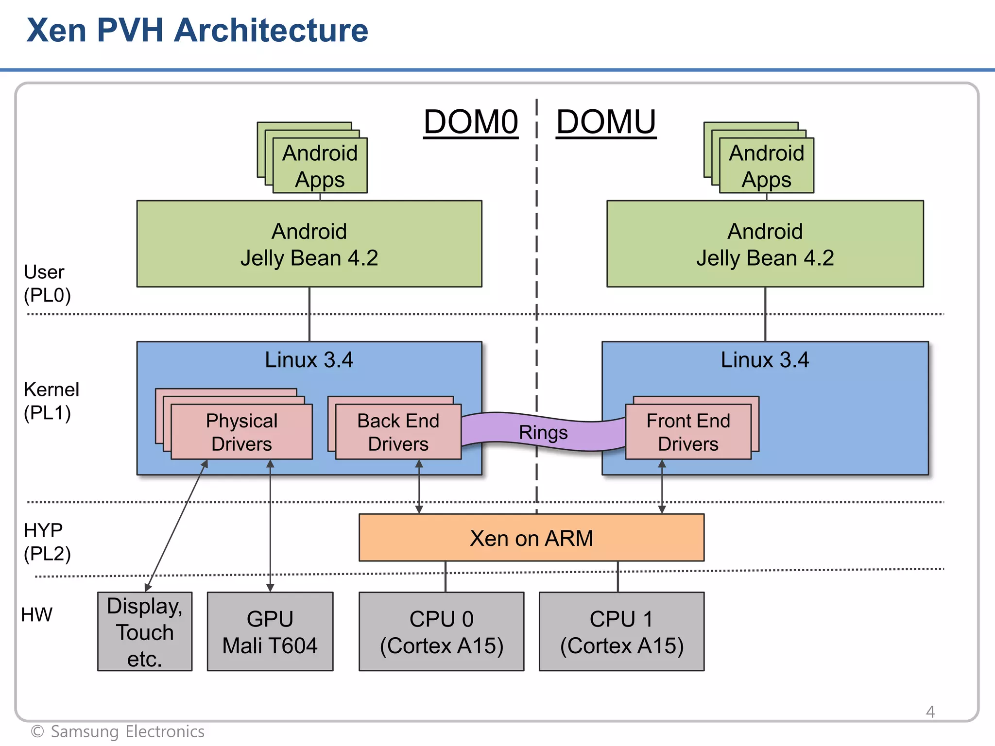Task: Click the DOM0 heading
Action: click(470, 122)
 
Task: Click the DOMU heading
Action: click(606, 122)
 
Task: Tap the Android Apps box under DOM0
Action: click(320, 166)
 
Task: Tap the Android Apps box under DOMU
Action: click(766, 166)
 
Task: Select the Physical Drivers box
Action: click(241, 432)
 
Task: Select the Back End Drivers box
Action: click(398, 432)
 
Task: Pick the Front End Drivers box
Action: click(688, 432)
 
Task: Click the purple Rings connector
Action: click(543, 432)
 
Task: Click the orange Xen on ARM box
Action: click(531, 538)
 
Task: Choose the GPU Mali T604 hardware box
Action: click(270, 631)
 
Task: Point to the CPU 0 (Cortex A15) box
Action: click(441, 631)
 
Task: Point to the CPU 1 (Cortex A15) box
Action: click(621, 631)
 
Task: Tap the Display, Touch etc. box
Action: click(145, 631)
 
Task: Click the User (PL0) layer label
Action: click(47, 284)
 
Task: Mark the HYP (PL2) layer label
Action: click(47, 542)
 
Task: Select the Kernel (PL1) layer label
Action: click(51, 401)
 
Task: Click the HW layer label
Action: click(36, 614)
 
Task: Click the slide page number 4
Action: click(930, 712)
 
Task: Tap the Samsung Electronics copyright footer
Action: click(118, 731)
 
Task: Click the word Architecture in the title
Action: click(271, 30)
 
